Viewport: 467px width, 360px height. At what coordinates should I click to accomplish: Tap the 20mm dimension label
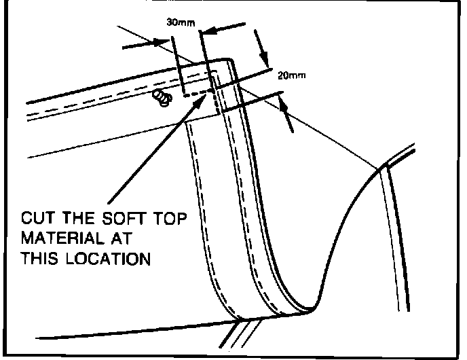point(291,75)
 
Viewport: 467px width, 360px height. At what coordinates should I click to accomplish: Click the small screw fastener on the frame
point(161,98)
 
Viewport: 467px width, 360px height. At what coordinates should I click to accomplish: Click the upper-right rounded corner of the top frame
point(231,61)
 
